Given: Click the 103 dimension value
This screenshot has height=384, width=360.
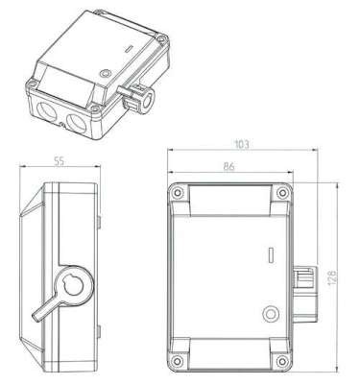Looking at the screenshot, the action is pos(242,144).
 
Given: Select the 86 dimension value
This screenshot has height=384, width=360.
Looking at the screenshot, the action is pos(228,166).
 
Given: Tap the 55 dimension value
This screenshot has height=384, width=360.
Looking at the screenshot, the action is pos(59,161).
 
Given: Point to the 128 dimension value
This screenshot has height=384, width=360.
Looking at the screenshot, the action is pos(332,277).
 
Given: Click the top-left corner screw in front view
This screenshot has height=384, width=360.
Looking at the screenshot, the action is pos(177,193).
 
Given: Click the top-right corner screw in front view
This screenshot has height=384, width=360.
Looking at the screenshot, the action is pos(282,193).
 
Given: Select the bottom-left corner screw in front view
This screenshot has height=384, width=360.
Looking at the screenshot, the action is pos(177,361).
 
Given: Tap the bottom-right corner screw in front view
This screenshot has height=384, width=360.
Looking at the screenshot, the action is pos(282,361).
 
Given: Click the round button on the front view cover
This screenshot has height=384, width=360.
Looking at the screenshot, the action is pos(271,314).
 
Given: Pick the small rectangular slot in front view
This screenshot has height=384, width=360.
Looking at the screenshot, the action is pos(271,255).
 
